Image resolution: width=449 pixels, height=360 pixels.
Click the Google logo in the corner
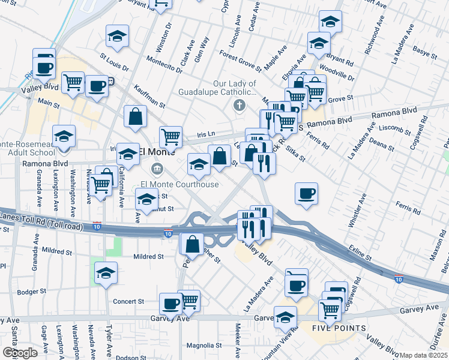pyautogui.click(x=20, y=353)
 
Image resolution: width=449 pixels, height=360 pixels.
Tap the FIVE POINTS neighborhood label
pyautogui.click(x=339, y=328)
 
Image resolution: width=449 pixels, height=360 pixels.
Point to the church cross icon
pyautogui.click(x=239, y=106)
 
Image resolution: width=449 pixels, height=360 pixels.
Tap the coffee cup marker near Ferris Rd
pyautogui.click(x=307, y=193)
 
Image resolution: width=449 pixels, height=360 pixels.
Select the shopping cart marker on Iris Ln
pyautogui.click(x=171, y=137)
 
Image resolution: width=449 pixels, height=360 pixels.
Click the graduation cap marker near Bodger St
pyautogui.click(x=106, y=273)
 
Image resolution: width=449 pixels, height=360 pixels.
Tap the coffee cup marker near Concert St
pyautogui.click(x=171, y=304)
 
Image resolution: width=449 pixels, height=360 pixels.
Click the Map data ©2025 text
pyautogui.click(x=423, y=355)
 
